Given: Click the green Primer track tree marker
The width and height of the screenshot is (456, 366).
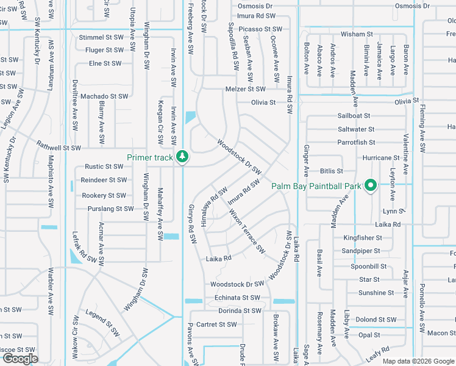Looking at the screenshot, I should click(182, 157).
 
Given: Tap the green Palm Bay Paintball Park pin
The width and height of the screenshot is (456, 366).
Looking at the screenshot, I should click(370, 185).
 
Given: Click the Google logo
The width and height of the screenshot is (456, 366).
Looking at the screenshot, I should click(20, 359).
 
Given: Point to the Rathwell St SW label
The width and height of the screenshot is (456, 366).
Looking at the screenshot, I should click(59, 147).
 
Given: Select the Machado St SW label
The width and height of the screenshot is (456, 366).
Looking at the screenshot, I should click(104, 96).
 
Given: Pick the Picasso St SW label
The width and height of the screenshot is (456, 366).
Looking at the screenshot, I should click(260, 29).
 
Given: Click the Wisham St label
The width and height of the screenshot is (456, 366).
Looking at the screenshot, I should click(357, 34).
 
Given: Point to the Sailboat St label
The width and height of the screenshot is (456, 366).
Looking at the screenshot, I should click(354, 115).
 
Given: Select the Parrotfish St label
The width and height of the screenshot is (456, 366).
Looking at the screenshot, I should click(357, 143).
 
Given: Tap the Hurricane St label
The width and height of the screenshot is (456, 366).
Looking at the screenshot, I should click(380, 157).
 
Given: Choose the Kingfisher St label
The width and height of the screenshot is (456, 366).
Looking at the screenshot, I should click(362, 238).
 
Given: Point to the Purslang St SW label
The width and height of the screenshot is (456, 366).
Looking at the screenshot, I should click(107, 209).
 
